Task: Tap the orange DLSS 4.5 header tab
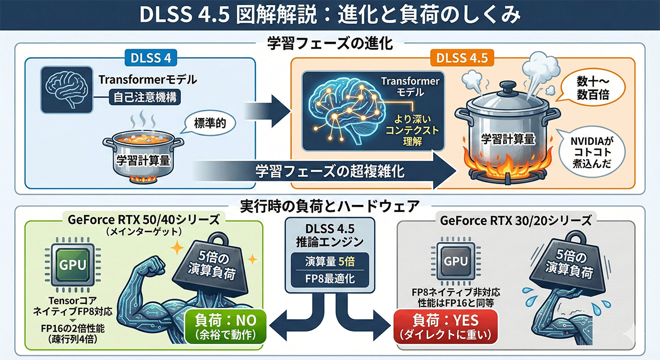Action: tap(463, 58)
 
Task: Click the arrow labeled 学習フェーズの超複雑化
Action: tap(330, 171)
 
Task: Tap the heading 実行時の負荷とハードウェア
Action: tap(329, 206)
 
